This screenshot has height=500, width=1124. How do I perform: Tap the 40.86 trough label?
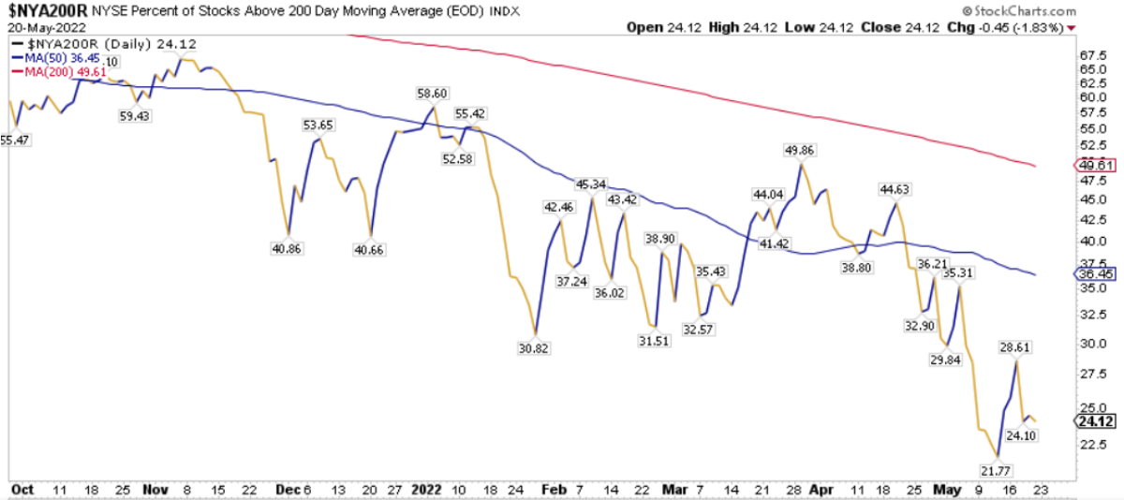[288, 249]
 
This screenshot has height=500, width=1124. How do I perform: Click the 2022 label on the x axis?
[426, 489]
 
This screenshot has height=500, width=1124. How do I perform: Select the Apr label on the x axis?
[821, 489]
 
